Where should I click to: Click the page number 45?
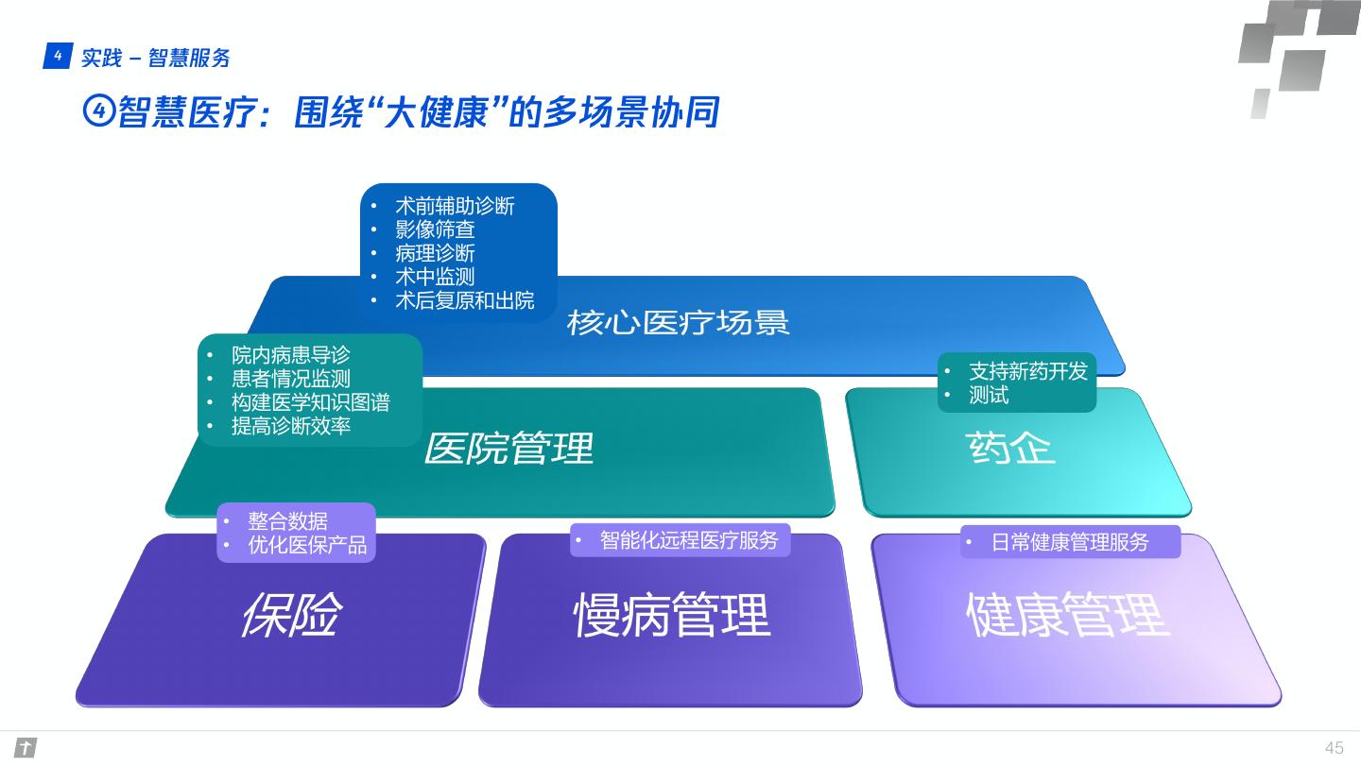tap(1334, 748)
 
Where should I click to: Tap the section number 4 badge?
tap(57, 57)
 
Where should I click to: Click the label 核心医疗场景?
tap(678, 323)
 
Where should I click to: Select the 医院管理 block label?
tap(508, 448)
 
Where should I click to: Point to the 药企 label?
tap(1010, 448)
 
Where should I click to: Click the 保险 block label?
tap(290, 615)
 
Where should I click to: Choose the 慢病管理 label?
tap(672, 615)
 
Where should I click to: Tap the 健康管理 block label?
tap(1068, 615)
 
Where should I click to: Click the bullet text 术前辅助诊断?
tap(455, 206)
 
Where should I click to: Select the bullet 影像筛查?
tap(435, 229)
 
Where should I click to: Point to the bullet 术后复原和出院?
tap(464, 300)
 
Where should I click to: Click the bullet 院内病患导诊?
tap(290, 355)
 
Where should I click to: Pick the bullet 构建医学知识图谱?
tap(310, 402)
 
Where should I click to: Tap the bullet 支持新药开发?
tap(1028, 371)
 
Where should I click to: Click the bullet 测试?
tap(989, 396)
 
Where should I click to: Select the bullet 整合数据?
tap(287, 521)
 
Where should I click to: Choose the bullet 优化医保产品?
tap(307, 545)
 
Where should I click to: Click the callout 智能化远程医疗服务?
tap(688, 540)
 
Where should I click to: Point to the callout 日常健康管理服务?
tap(1070, 542)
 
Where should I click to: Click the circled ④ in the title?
tap(98, 111)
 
